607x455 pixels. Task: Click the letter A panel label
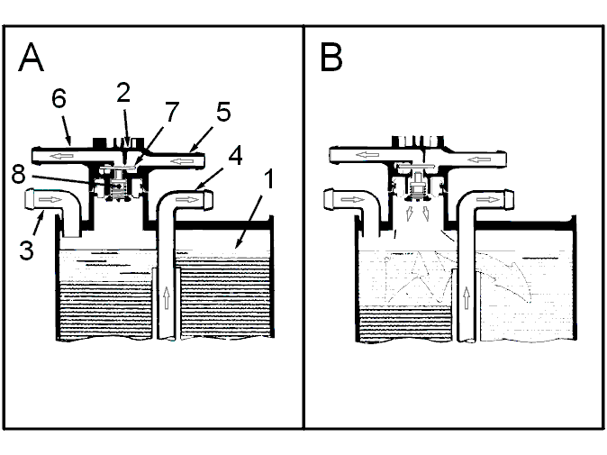coord(31,58)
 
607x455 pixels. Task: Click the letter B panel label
coord(331,58)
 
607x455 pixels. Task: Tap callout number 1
coord(268,178)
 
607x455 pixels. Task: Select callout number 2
coord(123,93)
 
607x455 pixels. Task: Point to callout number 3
coord(26,250)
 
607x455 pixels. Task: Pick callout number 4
coord(236,155)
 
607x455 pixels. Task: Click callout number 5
coord(223,112)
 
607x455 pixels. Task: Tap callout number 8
coord(19,174)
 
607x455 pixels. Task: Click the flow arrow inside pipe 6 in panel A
coord(62,156)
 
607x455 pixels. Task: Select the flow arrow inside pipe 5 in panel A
coord(182,160)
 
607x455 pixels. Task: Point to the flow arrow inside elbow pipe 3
coord(50,199)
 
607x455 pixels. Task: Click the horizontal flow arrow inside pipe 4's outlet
coord(187,199)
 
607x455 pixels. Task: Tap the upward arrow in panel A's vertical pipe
coord(167,297)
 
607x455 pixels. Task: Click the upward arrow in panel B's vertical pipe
coord(467,297)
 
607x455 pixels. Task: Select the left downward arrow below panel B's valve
coord(409,214)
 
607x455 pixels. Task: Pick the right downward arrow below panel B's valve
coord(425,214)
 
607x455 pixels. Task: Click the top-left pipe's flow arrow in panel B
coord(367,155)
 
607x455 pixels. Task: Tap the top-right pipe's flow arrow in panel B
coord(479,159)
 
